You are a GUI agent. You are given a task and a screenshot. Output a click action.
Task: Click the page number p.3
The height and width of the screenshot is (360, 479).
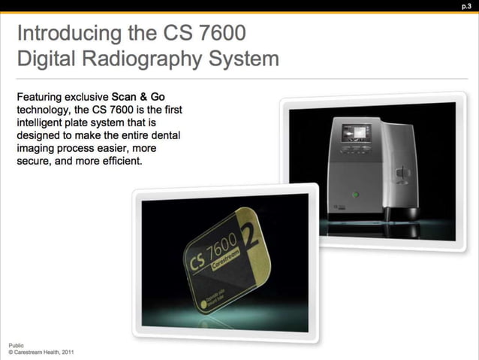(x=466, y=6)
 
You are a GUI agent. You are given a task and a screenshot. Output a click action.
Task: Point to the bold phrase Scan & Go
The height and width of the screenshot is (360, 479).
(x=137, y=97)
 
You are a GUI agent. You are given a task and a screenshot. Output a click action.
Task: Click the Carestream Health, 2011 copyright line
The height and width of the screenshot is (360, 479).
(x=41, y=351)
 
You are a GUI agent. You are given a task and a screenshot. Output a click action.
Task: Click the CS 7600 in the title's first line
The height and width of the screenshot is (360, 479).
(x=209, y=34)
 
